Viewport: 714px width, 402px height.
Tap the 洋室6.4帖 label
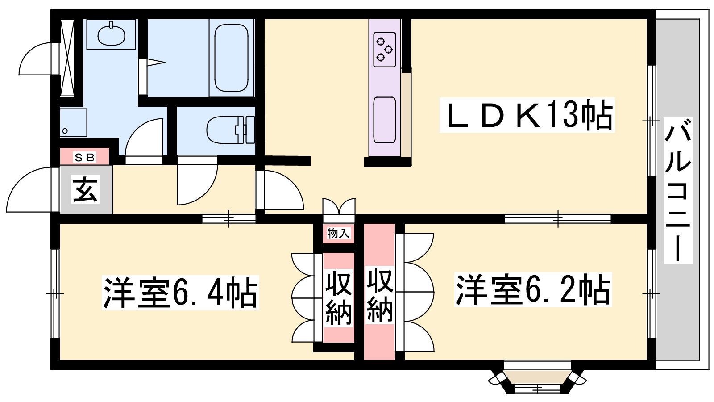[x=180, y=293]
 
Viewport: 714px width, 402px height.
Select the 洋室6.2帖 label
[x=533, y=290]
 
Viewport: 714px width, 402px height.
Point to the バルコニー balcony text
[x=678, y=190]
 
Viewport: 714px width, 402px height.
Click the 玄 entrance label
[x=85, y=189]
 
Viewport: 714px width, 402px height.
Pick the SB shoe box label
[x=85, y=157]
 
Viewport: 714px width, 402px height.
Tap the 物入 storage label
[x=338, y=233]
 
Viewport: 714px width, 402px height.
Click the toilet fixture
[x=230, y=130]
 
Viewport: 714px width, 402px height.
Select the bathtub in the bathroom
[x=232, y=58]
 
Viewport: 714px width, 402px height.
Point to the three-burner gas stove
[x=385, y=50]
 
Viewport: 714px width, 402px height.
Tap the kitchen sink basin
[x=385, y=120]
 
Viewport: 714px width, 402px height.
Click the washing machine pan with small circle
[x=74, y=123]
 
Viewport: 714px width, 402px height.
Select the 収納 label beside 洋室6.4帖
[x=339, y=297]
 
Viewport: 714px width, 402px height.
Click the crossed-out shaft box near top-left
[x=67, y=58]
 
